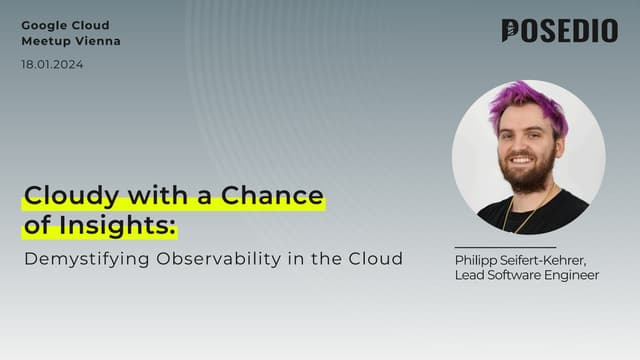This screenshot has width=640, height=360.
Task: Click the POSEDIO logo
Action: click(x=559, y=31)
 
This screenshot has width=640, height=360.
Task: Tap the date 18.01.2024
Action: click(x=52, y=64)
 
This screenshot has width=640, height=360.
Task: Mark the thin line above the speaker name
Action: click(x=504, y=247)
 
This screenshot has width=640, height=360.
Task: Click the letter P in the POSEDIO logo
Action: click(x=511, y=31)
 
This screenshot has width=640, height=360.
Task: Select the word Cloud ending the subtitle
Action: click(x=378, y=259)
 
